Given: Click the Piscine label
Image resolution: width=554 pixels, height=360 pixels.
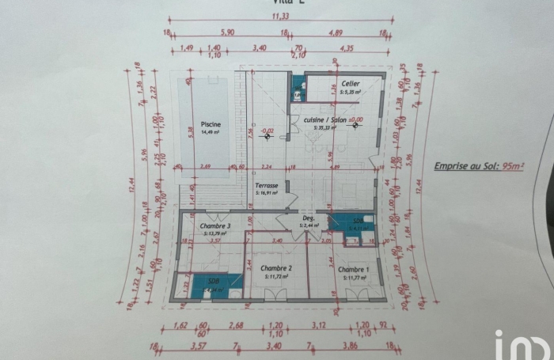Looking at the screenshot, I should point(210,125).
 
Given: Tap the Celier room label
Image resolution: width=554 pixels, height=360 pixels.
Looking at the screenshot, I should point(351,83).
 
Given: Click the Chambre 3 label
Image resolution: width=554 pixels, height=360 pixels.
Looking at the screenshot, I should point(214,226).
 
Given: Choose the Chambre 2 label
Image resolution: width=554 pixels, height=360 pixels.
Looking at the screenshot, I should point(277,269).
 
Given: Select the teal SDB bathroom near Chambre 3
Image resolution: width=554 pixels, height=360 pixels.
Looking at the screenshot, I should point(212,285).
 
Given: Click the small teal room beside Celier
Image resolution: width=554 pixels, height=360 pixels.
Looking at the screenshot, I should point(298,91).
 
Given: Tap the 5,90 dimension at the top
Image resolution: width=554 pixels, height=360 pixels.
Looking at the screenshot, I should point(230,34).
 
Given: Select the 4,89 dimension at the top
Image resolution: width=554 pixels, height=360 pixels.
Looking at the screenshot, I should point(335,34).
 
